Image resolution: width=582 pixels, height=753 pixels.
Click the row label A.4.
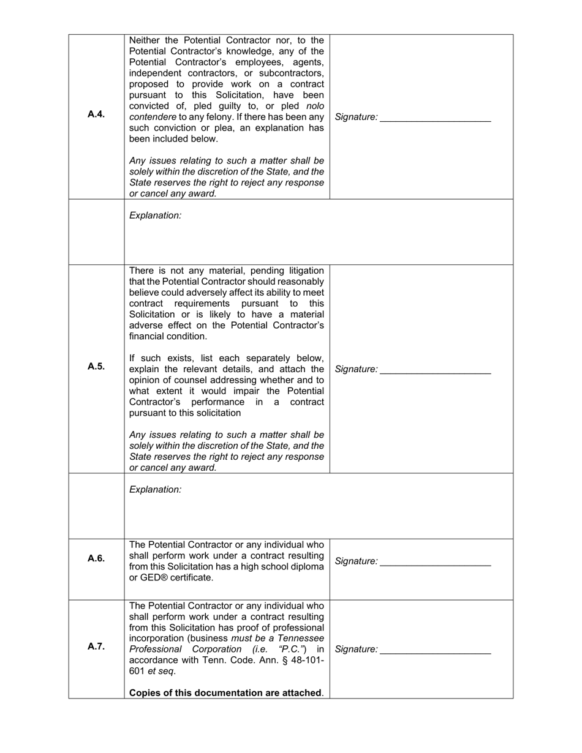pyautogui.click(x=96, y=114)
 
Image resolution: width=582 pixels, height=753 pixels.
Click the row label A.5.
pyautogui.click(x=96, y=366)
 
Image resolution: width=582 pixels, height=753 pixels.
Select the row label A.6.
pyautogui.click(x=96, y=558)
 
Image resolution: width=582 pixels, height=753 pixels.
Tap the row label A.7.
pyautogui.click(x=96, y=646)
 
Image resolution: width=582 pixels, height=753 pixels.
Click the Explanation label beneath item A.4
pyautogui.click(x=155, y=215)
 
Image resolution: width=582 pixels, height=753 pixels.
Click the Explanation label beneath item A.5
pyautogui.click(x=155, y=490)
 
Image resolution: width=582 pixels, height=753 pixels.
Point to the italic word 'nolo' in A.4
pyautogui.click(x=315, y=106)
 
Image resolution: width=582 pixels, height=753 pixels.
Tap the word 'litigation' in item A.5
pyautogui.click(x=303, y=271)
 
